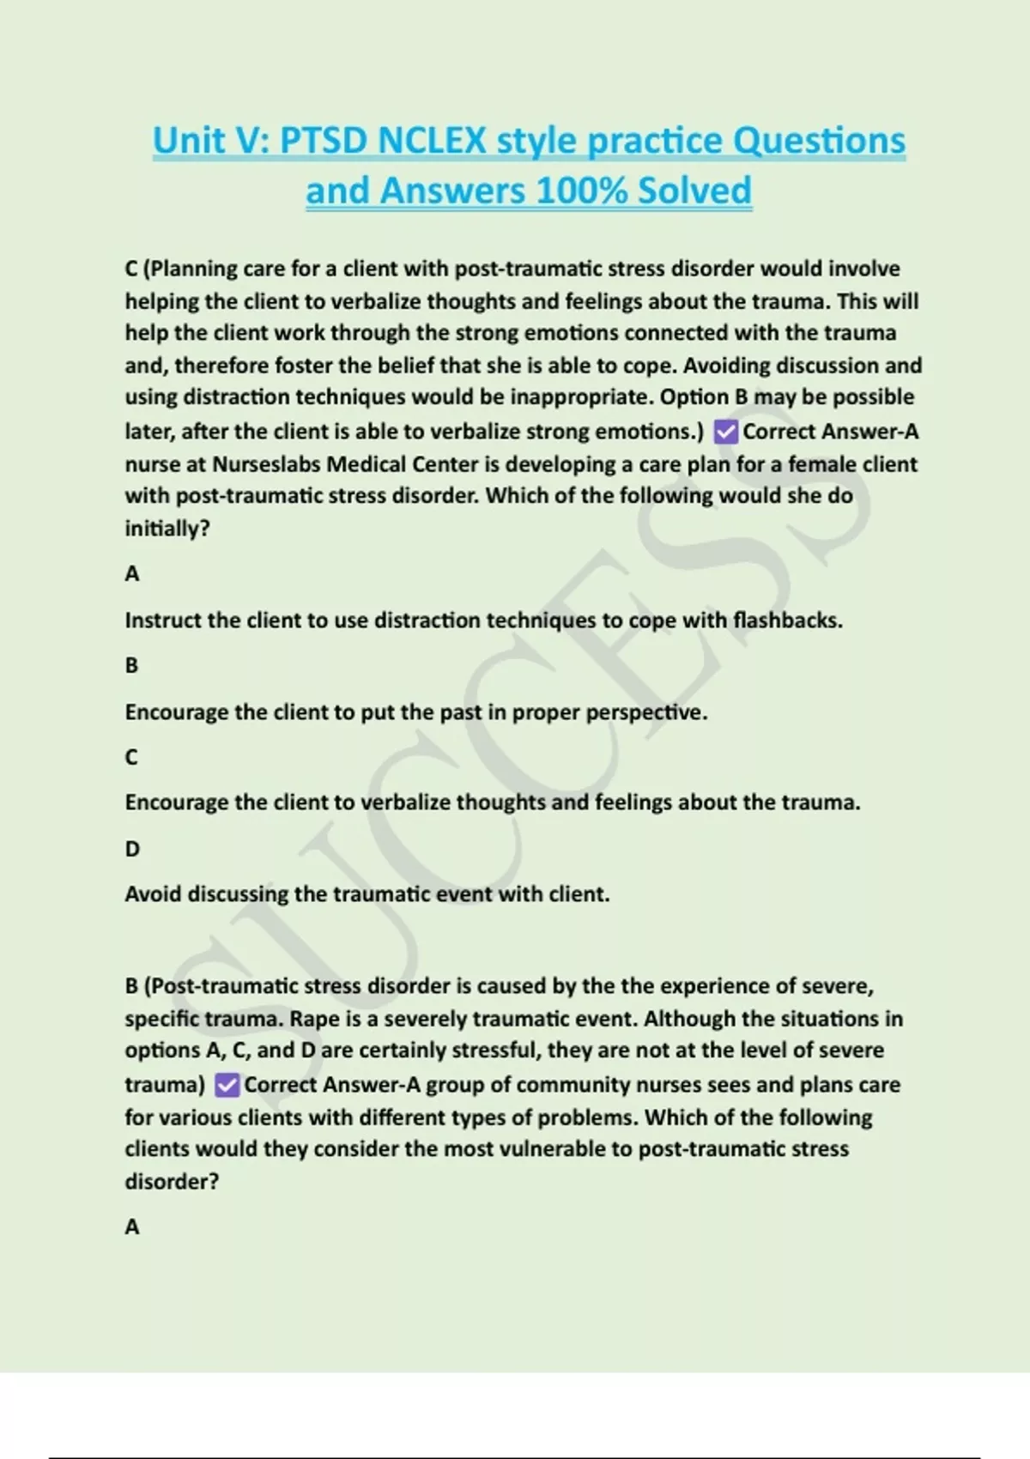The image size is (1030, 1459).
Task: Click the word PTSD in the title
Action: tap(323, 141)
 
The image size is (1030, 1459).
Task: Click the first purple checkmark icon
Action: tap(725, 432)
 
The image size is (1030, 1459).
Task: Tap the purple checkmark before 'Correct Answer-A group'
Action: tap(227, 1085)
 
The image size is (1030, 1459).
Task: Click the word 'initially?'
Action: tap(167, 529)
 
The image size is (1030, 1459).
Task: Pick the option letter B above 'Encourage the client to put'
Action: tap(131, 665)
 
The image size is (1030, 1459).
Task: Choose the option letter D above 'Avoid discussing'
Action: tap(132, 849)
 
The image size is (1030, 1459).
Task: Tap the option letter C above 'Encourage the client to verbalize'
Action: tap(131, 757)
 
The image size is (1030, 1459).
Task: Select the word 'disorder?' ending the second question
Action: tap(172, 1182)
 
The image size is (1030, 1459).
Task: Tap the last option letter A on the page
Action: tap(131, 1227)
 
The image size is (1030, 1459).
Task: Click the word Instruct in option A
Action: tap(164, 620)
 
